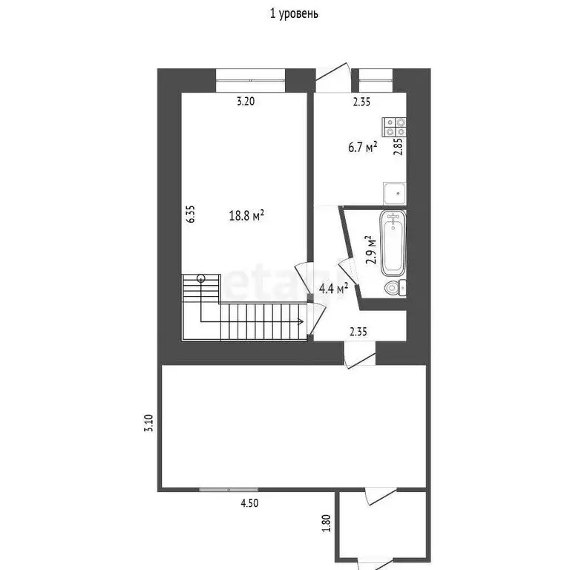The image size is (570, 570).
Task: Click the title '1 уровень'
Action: tap(295, 13)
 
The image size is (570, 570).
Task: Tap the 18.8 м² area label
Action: tap(247, 216)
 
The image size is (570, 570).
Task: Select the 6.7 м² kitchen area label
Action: tap(362, 147)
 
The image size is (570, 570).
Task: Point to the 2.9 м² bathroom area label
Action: tap(371, 250)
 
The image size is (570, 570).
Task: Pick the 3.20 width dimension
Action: tap(246, 102)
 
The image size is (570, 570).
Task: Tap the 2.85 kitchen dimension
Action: tap(399, 145)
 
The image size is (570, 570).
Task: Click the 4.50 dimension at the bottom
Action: tap(250, 502)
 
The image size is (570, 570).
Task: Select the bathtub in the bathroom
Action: tap(393, 241)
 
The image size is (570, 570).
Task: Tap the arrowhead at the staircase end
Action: tap(299, 322)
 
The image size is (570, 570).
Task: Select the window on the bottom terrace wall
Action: tap(229, 489)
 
